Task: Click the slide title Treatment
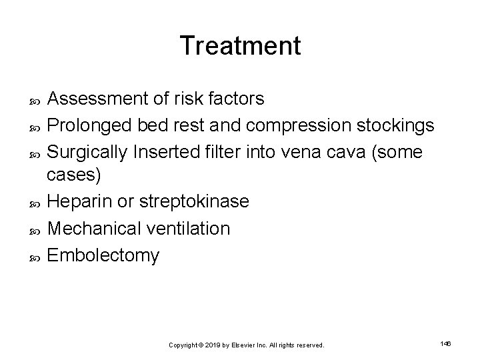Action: click(240, 45)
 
